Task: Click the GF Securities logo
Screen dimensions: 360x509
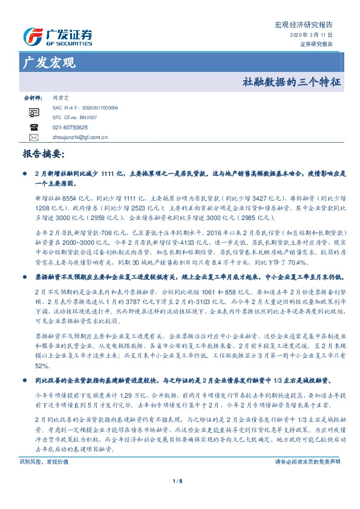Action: tap(57, 37)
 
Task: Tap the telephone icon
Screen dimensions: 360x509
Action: tap(34, 127)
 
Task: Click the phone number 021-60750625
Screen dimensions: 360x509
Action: tap(70, 128)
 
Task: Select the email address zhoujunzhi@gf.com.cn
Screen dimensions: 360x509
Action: tap(80, 137)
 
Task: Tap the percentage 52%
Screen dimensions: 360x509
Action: tap(42, 366)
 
